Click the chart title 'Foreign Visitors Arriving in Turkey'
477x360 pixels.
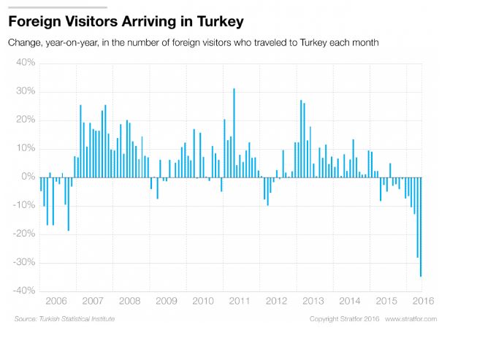click(x=126, y=22)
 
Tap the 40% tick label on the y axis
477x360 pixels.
click(x=26, y=63)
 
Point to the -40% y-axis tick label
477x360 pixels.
click(x=24, y=291)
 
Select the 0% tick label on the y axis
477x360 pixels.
click(x=28, y=177)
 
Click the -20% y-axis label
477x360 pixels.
click(x=24, y=234)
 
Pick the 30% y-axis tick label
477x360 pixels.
click(x=26, y=91)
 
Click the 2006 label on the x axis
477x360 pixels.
click(x=56, y=301)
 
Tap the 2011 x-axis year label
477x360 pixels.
click(x=240, y=301)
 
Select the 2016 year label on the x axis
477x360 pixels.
click(x=423, y=301)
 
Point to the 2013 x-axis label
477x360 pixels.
click(x=313, y=301)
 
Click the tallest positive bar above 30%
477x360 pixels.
click(x=234, y=133)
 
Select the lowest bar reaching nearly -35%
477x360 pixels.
click(x=421, y=227)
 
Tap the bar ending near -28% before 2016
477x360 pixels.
click(x=418, y=218)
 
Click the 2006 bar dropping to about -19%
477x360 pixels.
click(x=69, y=204)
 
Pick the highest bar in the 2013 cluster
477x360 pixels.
click(x=301, y=139)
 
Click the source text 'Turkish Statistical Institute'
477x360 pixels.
click(x=77, y=319)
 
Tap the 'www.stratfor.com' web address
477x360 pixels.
click(x=411, y=319)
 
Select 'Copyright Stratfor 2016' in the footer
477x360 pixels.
click(x=344, y=319)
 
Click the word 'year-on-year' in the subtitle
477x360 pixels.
click(x=72, y=42)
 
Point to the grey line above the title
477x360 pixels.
click(x=58, y=7)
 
